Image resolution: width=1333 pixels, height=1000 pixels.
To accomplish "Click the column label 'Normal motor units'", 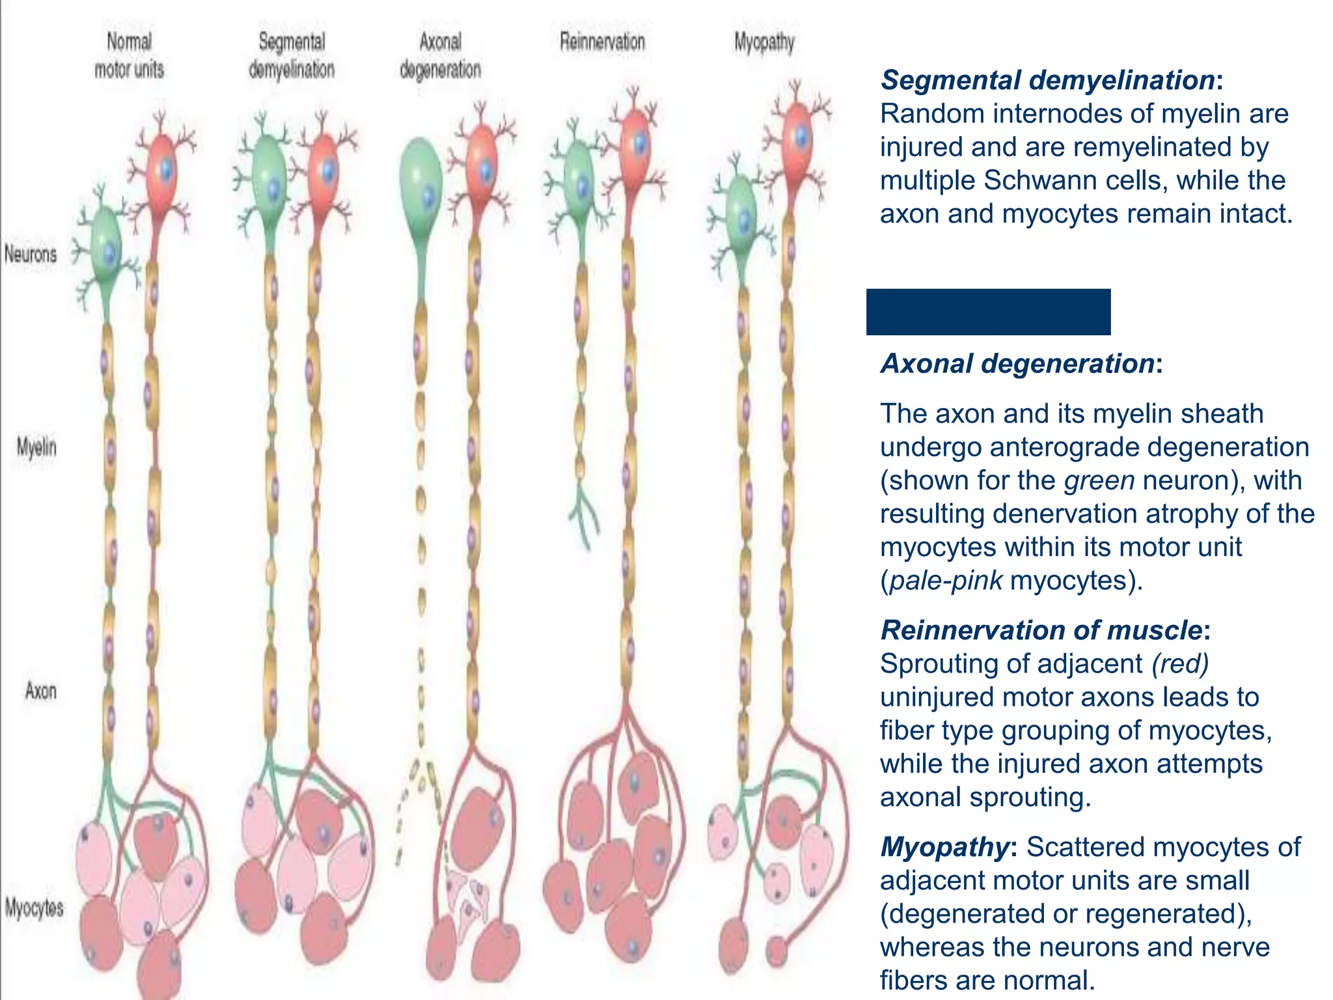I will tap(129, 55).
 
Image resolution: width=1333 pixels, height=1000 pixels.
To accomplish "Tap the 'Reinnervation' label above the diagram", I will tap(602, 42).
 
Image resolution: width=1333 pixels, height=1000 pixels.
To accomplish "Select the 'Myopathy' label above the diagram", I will tap(764, 43).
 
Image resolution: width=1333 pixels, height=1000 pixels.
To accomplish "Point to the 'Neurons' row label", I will tap(31, 254).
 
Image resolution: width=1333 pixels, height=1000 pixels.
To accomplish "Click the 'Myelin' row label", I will tap(36, 447).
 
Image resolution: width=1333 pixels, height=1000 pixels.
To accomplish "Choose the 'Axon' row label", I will tap(40, 690).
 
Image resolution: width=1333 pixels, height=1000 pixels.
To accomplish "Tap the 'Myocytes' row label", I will tap(34, 907).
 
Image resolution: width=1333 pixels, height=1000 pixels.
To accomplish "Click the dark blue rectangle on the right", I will tap(988, 312).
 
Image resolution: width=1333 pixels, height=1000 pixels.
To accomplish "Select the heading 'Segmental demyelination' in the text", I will tap(1047, 80).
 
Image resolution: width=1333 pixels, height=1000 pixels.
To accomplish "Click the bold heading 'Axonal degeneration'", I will tap(1017, 363).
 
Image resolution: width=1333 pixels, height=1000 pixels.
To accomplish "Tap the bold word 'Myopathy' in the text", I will tap(944, 847).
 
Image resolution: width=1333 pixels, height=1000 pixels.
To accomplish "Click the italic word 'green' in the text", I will tap(1099, 480).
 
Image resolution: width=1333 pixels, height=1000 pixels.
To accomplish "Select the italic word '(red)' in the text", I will tap(1180, 663).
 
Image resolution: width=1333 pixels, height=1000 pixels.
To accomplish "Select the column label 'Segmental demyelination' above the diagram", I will tap(291, 55).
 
